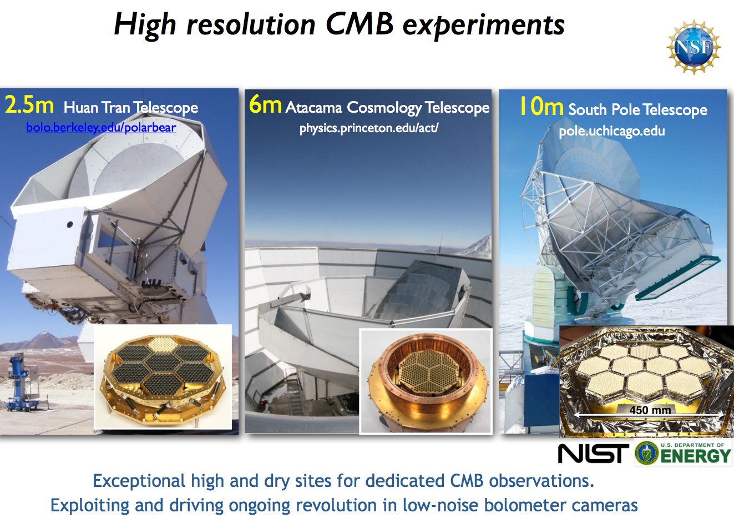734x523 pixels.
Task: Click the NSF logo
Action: pyautogui.click(x=693, y=47)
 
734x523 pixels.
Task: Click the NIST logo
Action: pyautogui.click(x=593, y=454)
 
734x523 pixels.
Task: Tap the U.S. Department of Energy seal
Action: pyautogui.click(x=646, y=454)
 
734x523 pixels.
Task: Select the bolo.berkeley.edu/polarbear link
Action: pyautogui.click(x=101, y=128)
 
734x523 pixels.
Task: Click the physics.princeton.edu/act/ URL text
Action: pyautogui.click(x=369, y=128)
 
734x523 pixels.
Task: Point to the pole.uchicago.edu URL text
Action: pyautogui.click(x=611, y=132)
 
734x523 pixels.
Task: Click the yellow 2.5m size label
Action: pyautogui.click(x=29, y=104)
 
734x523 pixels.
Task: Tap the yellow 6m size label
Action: pyautogui.click(x=265, y=104)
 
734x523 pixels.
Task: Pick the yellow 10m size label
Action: pyautogui.click(x=541, y=107)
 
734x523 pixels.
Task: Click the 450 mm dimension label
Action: pyautogui.click(x=650, y=410)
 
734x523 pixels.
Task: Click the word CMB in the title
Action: pyautogui.click(x=359, y=25)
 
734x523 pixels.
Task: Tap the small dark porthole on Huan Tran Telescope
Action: pyautogui.click(x=70, y=225)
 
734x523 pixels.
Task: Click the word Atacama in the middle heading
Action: pyautogui.click(x=314, y=107)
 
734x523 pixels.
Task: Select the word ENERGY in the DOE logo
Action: pyautogui.click(x=696, y=456)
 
